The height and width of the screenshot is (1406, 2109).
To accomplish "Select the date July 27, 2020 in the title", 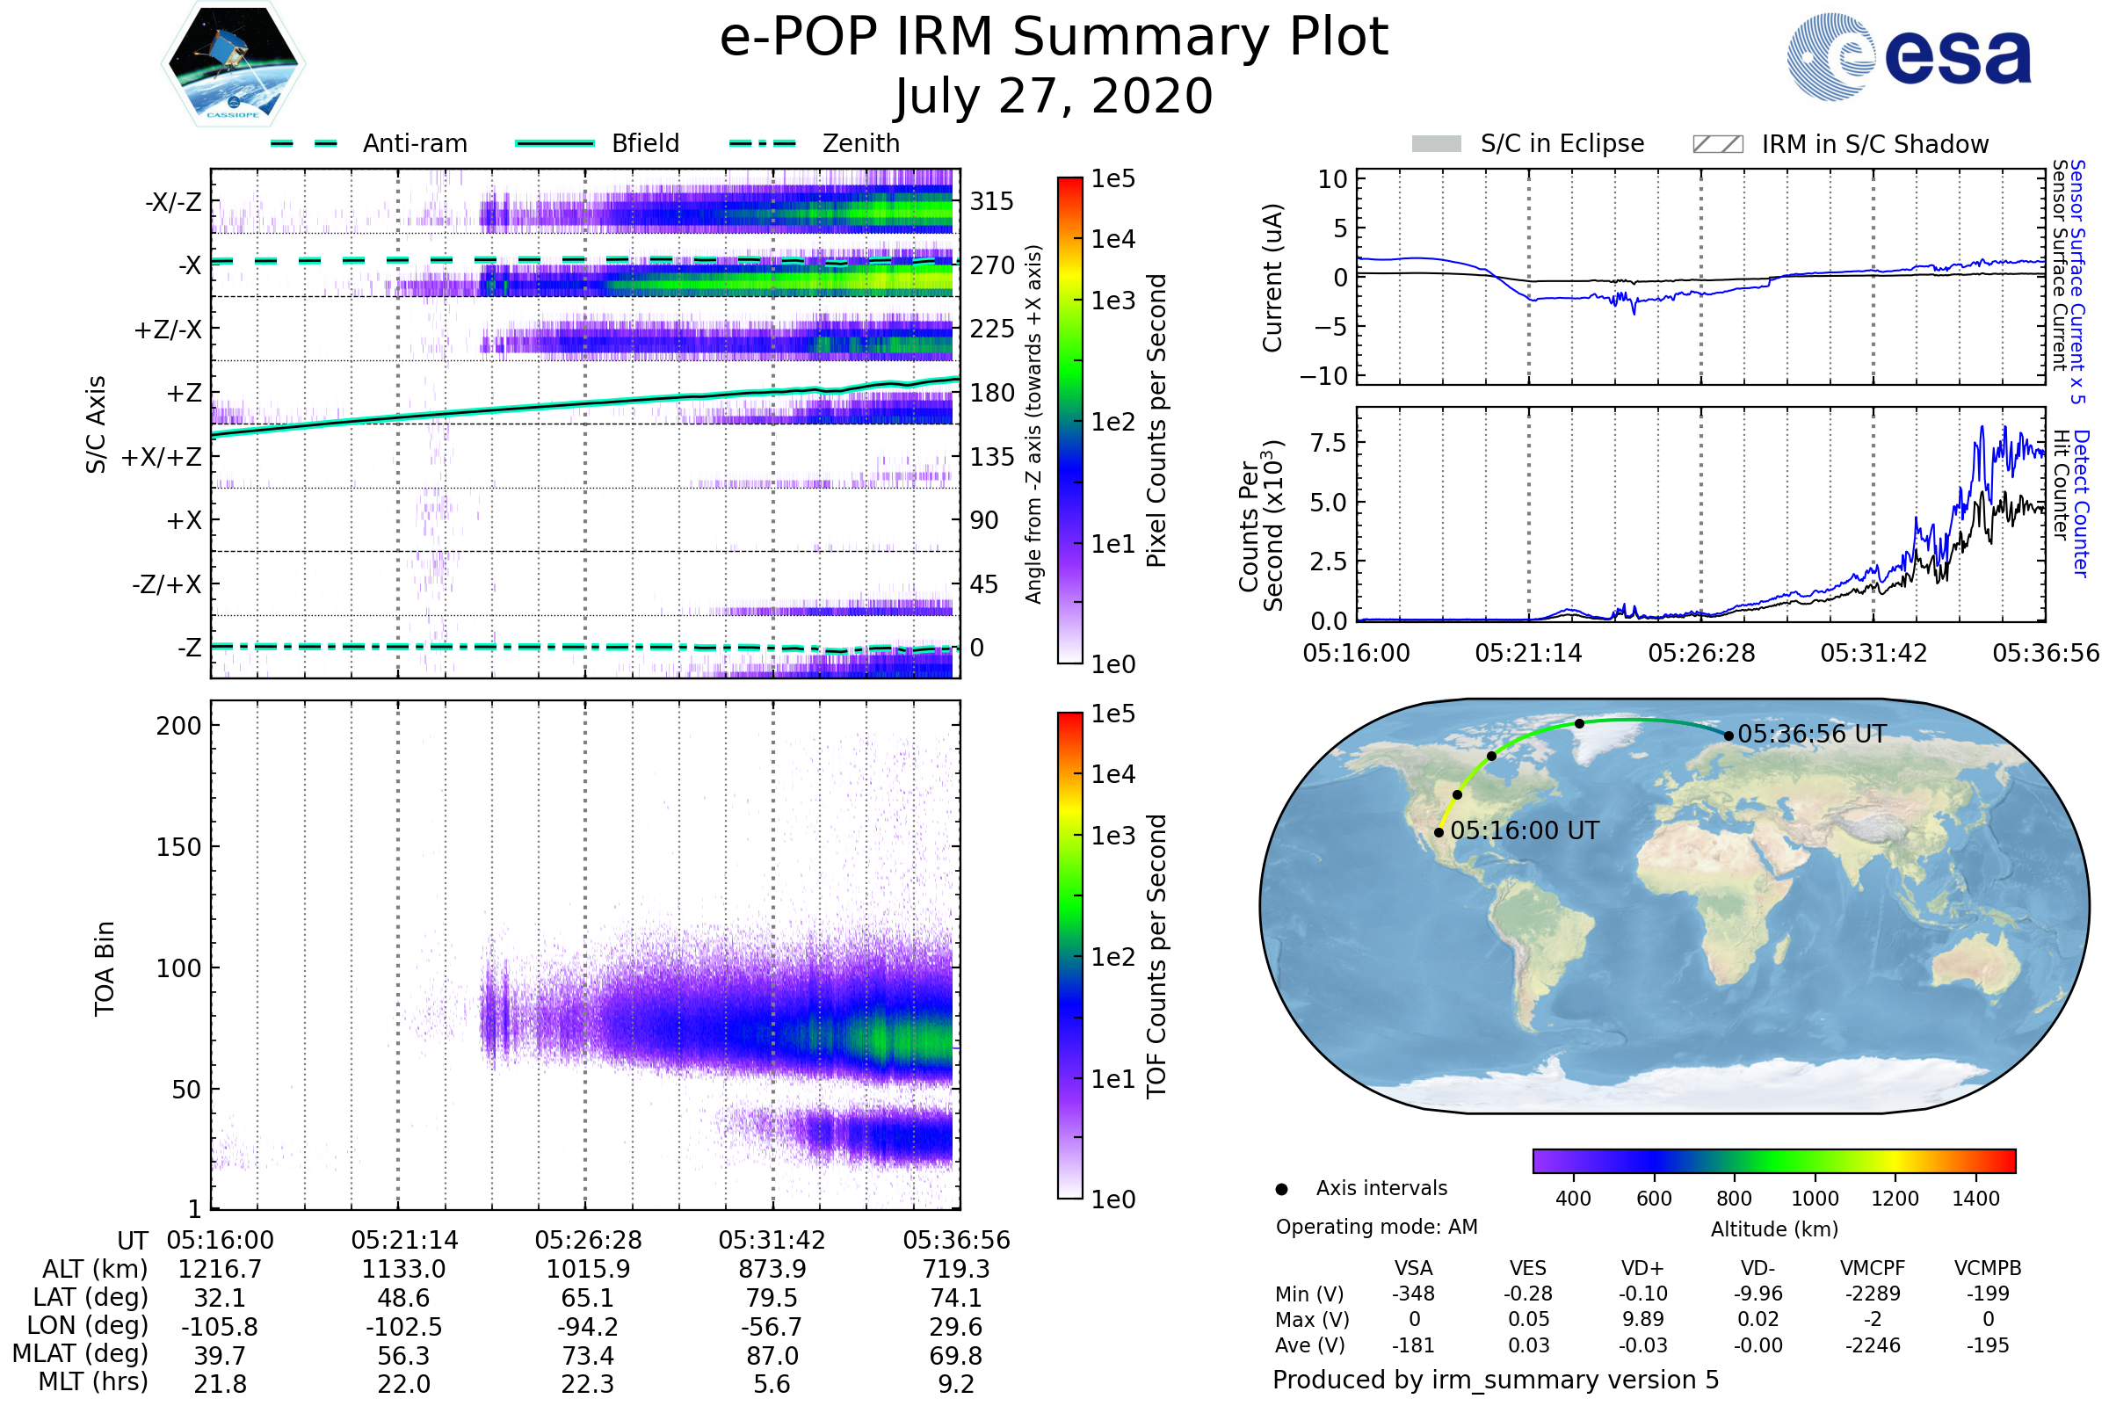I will coord(1054,97).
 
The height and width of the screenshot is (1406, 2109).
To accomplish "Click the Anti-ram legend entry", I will coord(414,143).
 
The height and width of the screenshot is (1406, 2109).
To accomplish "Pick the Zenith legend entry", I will coord(860,143).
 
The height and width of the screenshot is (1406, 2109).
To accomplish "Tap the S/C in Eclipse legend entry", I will coord(1562,143).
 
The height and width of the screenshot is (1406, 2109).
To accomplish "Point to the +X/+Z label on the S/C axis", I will coord(162,457).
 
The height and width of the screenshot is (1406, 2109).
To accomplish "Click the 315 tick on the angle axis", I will coord(991,201).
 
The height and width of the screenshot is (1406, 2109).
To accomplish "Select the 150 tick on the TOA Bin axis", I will coord(178,847).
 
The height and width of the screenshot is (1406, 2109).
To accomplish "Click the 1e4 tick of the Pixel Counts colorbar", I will coord(1112,239).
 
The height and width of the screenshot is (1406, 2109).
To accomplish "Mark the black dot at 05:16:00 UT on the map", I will coord(1439,833).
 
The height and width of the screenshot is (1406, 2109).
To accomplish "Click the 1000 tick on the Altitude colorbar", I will coord(1814,1199).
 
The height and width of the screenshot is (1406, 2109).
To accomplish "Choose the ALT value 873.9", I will coord(772,1270).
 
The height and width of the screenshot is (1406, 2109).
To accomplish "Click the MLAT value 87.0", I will coord(772,1356).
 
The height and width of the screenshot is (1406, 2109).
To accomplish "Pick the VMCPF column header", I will coord(1873,1269).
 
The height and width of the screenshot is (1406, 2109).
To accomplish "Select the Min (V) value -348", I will coord(1413,1294).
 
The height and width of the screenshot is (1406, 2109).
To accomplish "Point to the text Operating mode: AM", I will coord(1376,1227).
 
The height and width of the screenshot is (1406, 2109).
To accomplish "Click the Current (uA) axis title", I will coord(1272,278).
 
